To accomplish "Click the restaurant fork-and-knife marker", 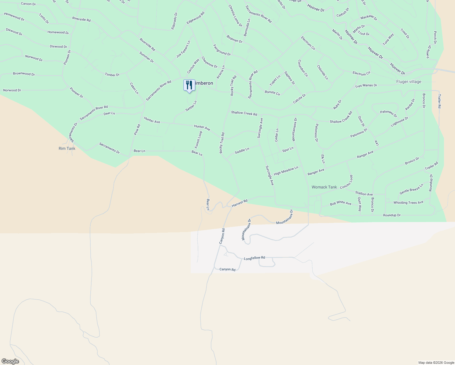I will pyautogui.click(x=189, y=85).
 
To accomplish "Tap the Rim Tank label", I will pyautogui.click(x=67, y=148).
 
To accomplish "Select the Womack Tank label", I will pyautogui.click(x=324, y=187).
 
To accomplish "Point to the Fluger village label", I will pyautogui.click(x=409, y=82).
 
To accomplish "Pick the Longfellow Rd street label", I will pyautogui.click(x=255, y=258).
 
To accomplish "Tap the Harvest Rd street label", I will pyautogui.click(x=240, y=203).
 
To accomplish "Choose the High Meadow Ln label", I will pyautogui.click(x=286, y=171).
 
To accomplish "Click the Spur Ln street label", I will pyautogui.click(x=288, y=149).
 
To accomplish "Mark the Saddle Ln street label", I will pyautogui.click(x=242, y=150).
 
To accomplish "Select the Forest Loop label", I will pyautogui.click(x=198, y=140).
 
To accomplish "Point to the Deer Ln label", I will pyautogui.click(x=109, y=113).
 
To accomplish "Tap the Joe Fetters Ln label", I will pyautogui.click(x=183, y=49).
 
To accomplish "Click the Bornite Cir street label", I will pyautogui.click(x=272, y=92).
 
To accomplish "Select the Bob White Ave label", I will pyautogui.click(x=341, y=203).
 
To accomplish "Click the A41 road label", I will pyautogui.click(x=377, y=142).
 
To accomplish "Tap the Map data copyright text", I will pyautogui.click(x=436, y=363).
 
